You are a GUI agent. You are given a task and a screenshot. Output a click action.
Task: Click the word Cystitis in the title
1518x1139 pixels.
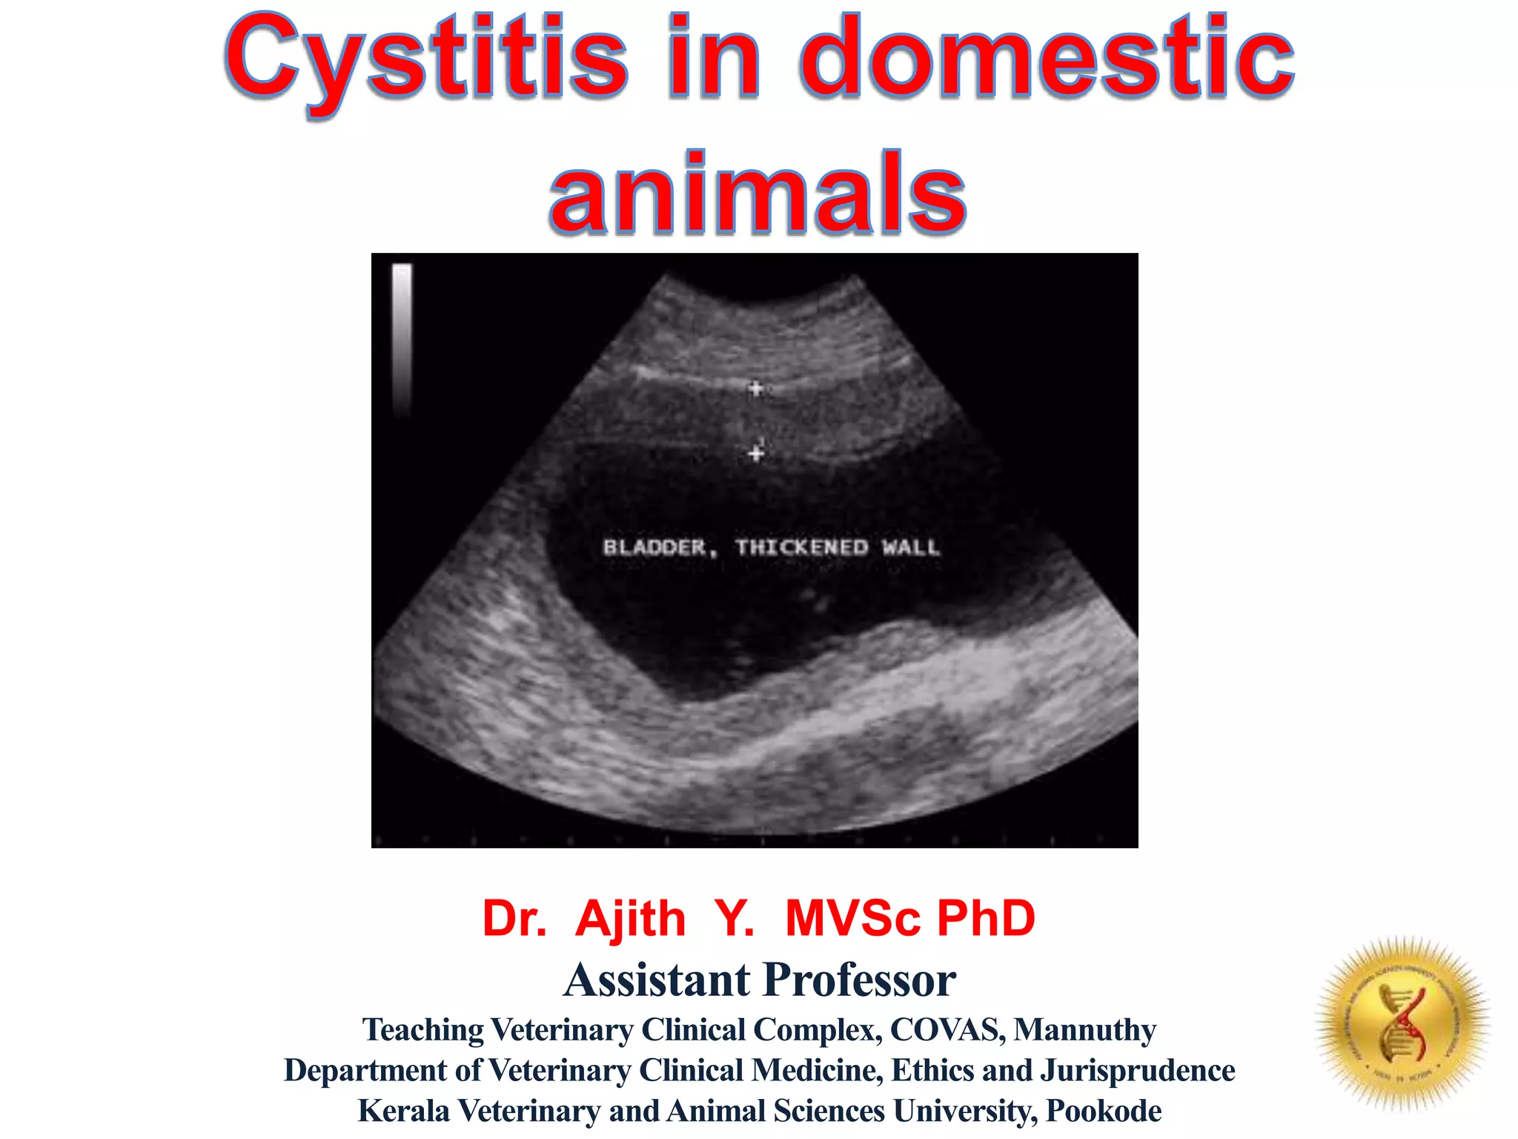click(x=426, y=59)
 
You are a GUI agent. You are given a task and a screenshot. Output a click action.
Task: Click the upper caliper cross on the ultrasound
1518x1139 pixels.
click(x=755, y=388)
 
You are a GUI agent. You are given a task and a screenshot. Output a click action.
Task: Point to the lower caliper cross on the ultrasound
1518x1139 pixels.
click(x=755, y=452)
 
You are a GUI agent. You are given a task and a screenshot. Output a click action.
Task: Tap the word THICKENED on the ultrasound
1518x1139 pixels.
click(x=801, y=548)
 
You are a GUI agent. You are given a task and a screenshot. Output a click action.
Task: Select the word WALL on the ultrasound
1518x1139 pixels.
click(x=910, y=548)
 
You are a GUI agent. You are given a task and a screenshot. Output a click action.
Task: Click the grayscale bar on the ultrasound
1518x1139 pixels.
click(x=402, y=337)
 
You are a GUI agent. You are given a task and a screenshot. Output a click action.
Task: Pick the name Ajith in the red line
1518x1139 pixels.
click(x=630, y=919)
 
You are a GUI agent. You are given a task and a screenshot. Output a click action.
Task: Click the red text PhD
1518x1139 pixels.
click(x=986, y=919)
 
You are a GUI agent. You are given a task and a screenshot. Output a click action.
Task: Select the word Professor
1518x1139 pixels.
click(x=860, y=980)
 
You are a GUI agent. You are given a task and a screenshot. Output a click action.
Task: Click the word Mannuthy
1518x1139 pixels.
click(x=1084, y=1030)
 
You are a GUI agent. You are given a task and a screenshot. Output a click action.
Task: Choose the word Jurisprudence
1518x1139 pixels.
click(x=1138, y=1071)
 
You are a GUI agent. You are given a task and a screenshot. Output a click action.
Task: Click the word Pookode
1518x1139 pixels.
click(x=1104, y=1111)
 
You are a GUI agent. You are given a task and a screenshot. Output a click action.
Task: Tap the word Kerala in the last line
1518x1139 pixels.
click(x=404, y=1111)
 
